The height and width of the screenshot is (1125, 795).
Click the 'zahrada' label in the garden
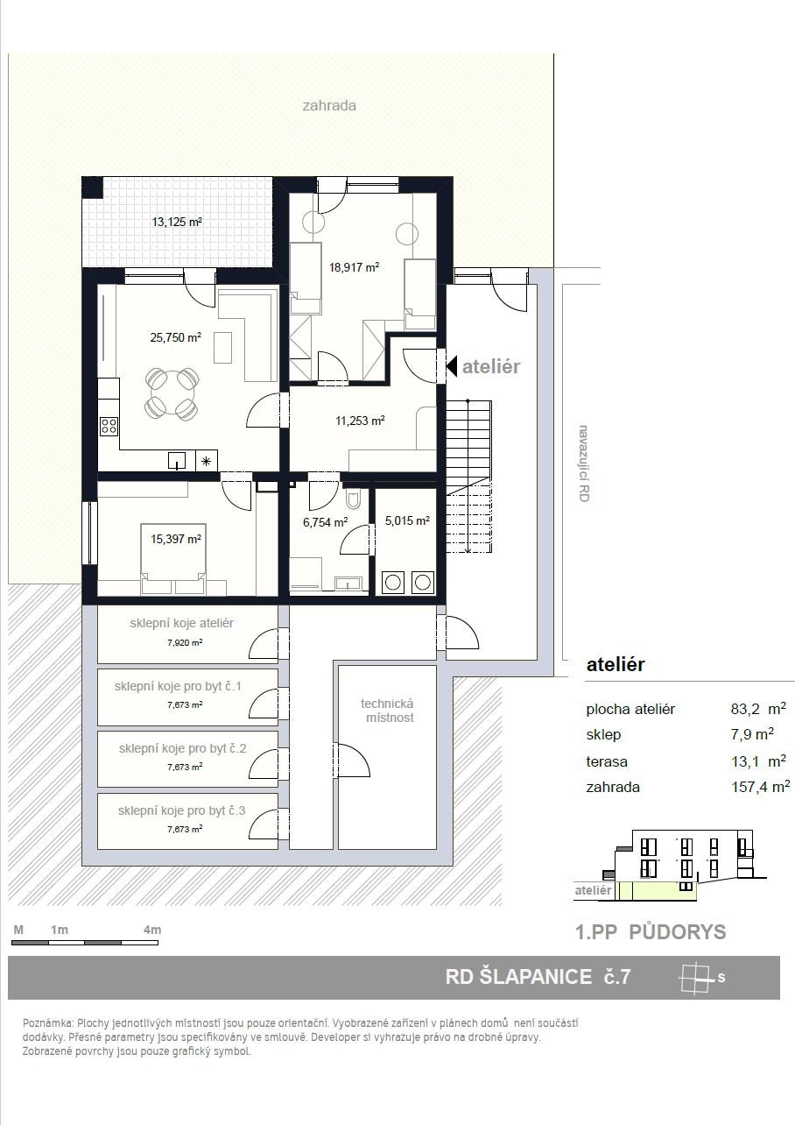(329, 106)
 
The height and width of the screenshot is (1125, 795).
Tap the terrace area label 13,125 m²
(177, 222)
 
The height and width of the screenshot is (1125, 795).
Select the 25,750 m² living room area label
(176, 337)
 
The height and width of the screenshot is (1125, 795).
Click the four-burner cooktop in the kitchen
(109, 427)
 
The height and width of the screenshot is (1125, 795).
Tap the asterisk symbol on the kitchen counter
(207, 461)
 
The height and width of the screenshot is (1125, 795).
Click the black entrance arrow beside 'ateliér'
(452, 366)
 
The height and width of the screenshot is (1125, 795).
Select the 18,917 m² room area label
(354, 267)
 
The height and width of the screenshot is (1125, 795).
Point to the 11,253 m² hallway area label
(360, 421)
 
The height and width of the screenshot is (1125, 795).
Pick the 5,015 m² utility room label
(407, 520)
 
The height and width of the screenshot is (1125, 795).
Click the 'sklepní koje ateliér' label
(182, 623)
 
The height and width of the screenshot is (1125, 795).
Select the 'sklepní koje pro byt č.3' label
(182, 810)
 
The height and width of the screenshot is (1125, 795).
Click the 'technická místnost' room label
(387, 711)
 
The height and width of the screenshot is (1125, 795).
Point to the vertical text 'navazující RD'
(584, 463)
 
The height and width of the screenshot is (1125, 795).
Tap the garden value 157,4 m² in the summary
(761, 787)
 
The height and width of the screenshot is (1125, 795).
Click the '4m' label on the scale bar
(152, 930)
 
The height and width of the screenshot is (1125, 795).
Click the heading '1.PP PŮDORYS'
(651, 932)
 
